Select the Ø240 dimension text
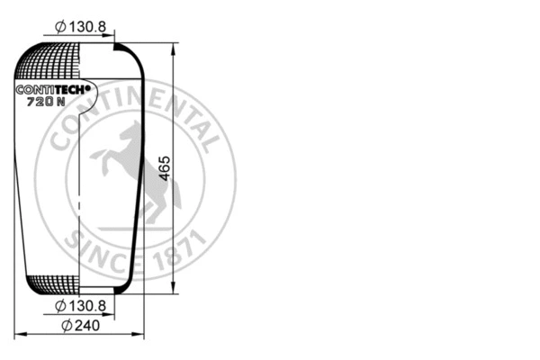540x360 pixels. click(x=80, y=325)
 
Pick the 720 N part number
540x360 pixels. click(x=48, y=102)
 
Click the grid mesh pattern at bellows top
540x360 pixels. click(x=49, y=63)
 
